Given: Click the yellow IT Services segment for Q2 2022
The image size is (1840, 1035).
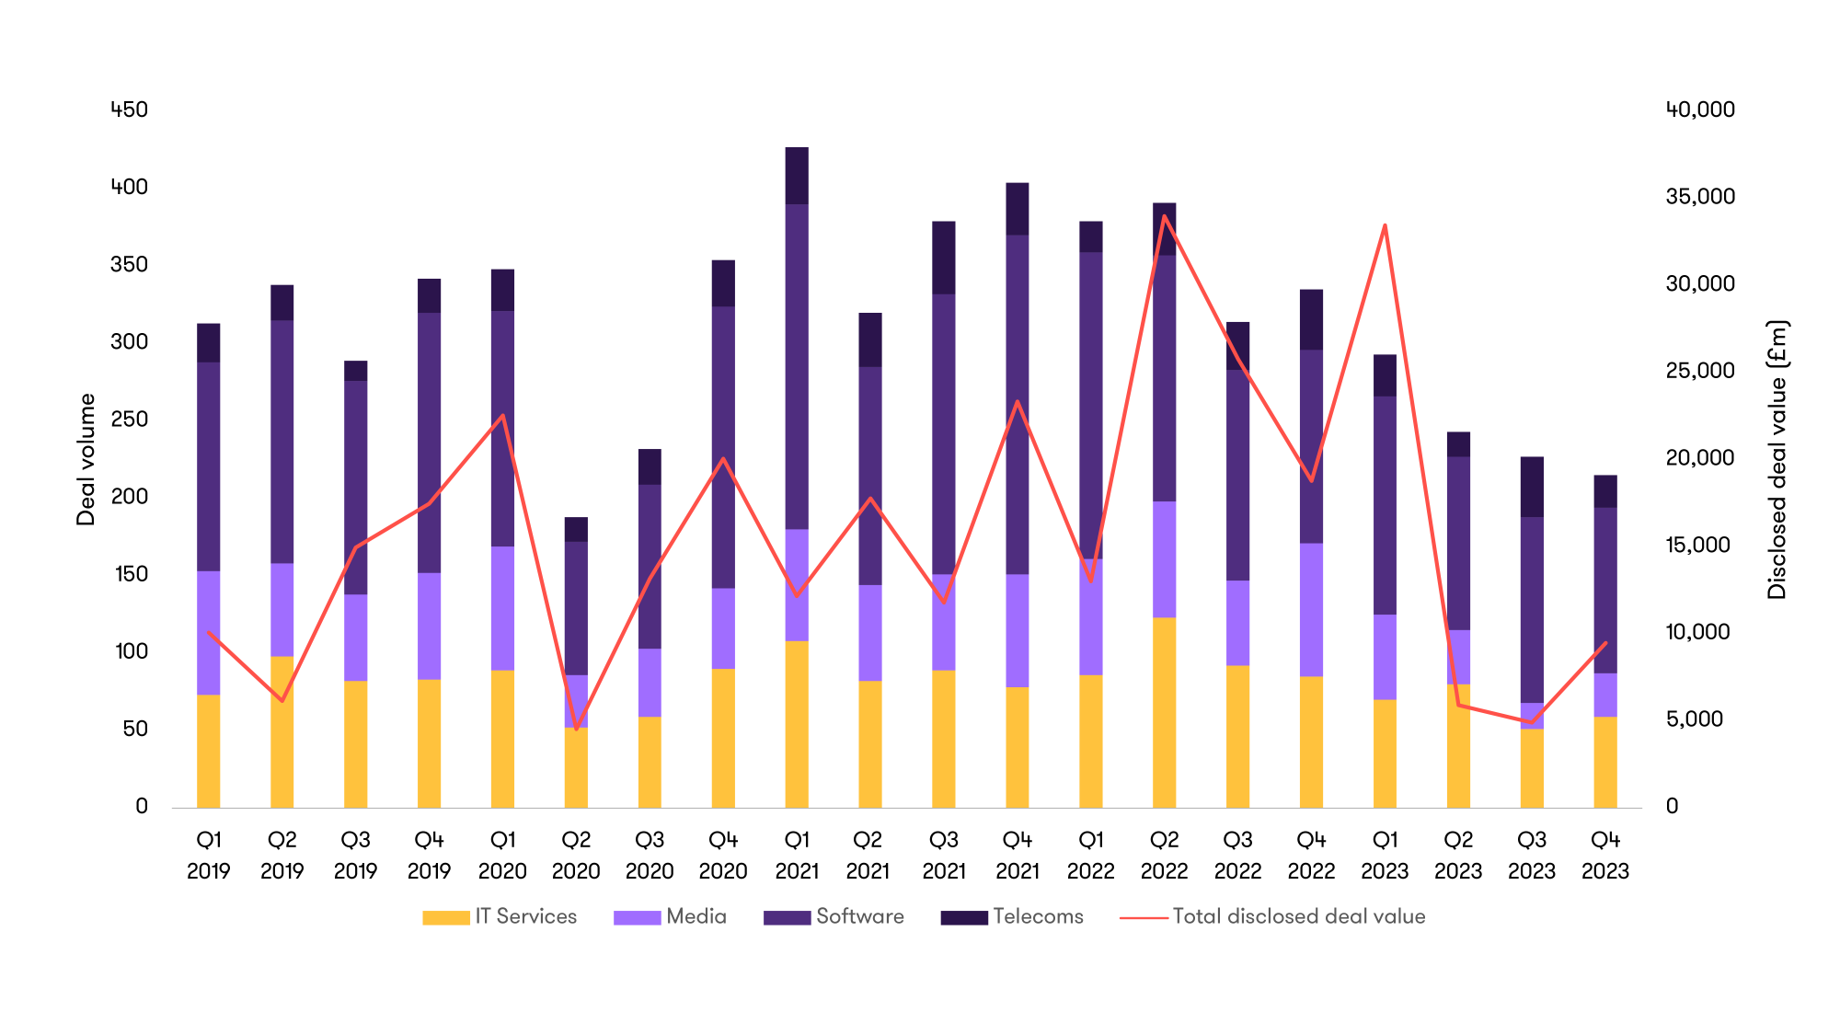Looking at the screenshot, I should (x=1164, y=712).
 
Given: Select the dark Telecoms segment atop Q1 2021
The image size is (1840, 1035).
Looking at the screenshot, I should (x=797, y=176).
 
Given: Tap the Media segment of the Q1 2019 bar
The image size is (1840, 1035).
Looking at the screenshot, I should (x=209, y=633).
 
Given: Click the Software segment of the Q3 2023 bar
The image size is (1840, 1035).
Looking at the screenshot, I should (x=1532, y=609).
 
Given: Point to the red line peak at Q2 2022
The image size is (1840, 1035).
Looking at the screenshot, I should (x=1164, y=216).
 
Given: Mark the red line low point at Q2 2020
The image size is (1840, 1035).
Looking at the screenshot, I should (x=577, y=730).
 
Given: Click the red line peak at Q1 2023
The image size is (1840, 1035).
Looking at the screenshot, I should (x=1385, y=225).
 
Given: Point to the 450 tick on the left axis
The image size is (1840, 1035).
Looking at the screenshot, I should (x=129, y=109).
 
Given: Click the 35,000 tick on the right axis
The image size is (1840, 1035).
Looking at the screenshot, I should (x=1700, y=196).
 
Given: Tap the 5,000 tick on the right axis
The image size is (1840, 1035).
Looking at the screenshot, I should (x=1694, y=719).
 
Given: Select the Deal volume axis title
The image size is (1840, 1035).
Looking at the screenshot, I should (x=86, y=459).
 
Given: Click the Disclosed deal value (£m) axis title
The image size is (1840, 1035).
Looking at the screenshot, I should (x=1777, y=459).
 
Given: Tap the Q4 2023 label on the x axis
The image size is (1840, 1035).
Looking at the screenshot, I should (x=1605, y=855).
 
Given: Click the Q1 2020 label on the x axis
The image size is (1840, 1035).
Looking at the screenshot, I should (x=502, y=855).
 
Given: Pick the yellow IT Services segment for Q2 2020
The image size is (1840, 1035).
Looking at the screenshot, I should (x=576, y=767).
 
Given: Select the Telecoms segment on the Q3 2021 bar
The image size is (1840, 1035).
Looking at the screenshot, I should (x=944, y=258).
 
